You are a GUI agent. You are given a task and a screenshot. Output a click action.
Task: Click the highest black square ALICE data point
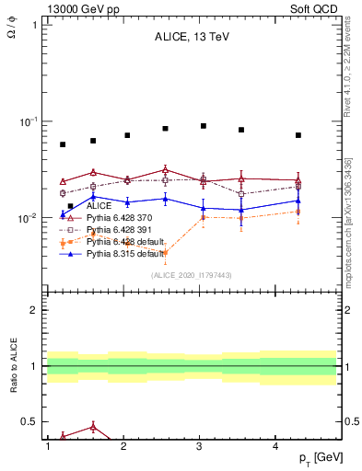204,126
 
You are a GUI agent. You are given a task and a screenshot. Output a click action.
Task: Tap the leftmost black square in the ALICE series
63,144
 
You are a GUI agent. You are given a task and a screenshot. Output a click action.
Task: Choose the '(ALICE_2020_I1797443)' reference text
190,275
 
